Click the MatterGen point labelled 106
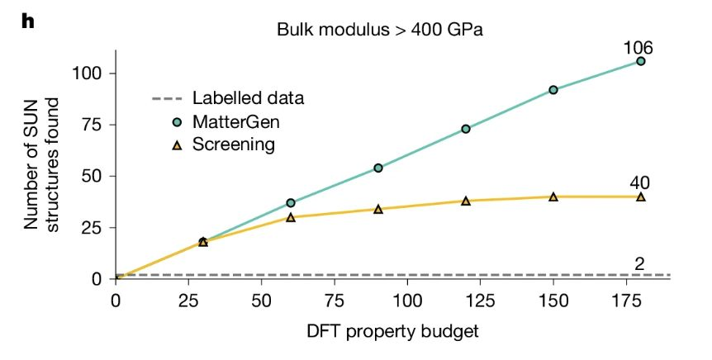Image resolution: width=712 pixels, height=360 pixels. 640,61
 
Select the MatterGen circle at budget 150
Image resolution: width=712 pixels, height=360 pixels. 553,90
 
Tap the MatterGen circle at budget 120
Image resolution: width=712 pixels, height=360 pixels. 465,129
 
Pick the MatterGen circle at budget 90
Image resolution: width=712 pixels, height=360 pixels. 378,168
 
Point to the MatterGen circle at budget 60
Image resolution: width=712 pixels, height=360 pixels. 291,203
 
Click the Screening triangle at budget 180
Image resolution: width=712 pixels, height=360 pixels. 640,197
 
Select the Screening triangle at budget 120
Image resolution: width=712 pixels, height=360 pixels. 465,201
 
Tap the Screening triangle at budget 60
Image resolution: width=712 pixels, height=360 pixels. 291,217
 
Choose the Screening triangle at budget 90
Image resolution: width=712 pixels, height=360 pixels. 378,209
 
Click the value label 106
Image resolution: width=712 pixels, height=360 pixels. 638,47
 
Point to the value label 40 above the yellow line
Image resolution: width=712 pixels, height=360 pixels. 639,183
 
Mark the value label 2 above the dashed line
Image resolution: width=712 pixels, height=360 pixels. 639,263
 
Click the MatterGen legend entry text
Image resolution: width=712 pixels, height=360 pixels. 235,121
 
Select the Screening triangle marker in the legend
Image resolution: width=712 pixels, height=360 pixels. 178,145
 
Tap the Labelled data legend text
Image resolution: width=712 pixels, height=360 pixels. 248,98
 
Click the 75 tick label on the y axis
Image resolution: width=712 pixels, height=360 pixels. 93,125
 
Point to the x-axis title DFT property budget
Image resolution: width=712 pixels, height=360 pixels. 393,331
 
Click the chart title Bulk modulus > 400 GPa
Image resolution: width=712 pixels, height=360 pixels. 380,30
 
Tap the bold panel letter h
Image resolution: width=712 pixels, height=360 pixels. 28,21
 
